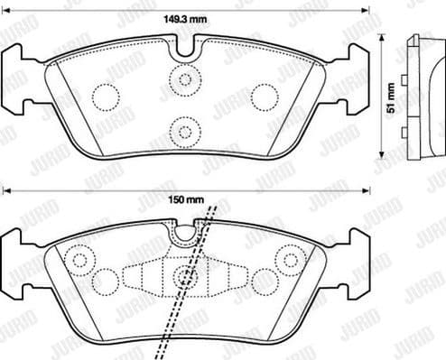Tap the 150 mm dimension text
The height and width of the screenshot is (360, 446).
coord(184,200)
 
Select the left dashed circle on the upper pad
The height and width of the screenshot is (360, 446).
coord(105,95)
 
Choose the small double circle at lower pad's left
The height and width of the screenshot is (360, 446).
coord(79,262)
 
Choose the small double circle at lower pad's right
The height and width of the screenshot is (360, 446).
coord(291,262)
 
